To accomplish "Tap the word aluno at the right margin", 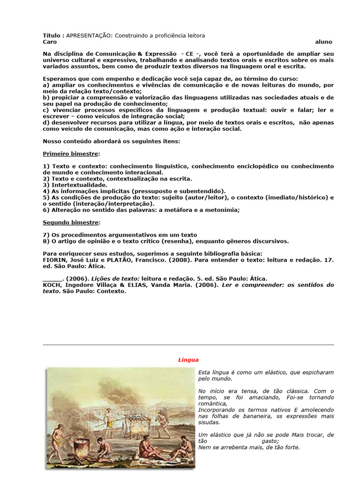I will (x=323, y=42).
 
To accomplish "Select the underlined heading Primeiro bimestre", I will (x=70, y=153).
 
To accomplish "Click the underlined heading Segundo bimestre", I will (x=70, y=222).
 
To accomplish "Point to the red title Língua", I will (x=188, y=360).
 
